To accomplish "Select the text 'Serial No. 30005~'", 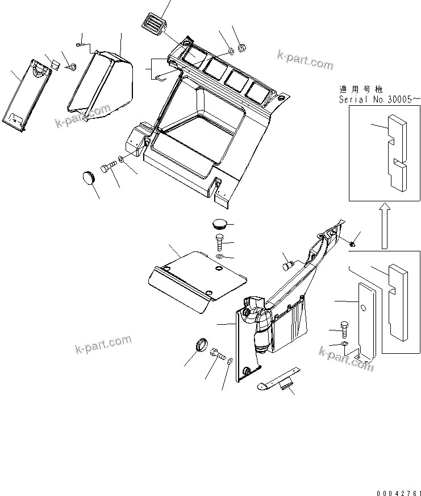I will (379, 99).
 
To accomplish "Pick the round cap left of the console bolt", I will (89, 176).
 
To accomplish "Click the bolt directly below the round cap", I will (220, 242).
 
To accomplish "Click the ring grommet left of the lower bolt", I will (201, 345).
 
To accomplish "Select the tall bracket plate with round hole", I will (364, 321).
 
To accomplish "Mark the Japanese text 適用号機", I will (360, 89).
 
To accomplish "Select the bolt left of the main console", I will (109, 168).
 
